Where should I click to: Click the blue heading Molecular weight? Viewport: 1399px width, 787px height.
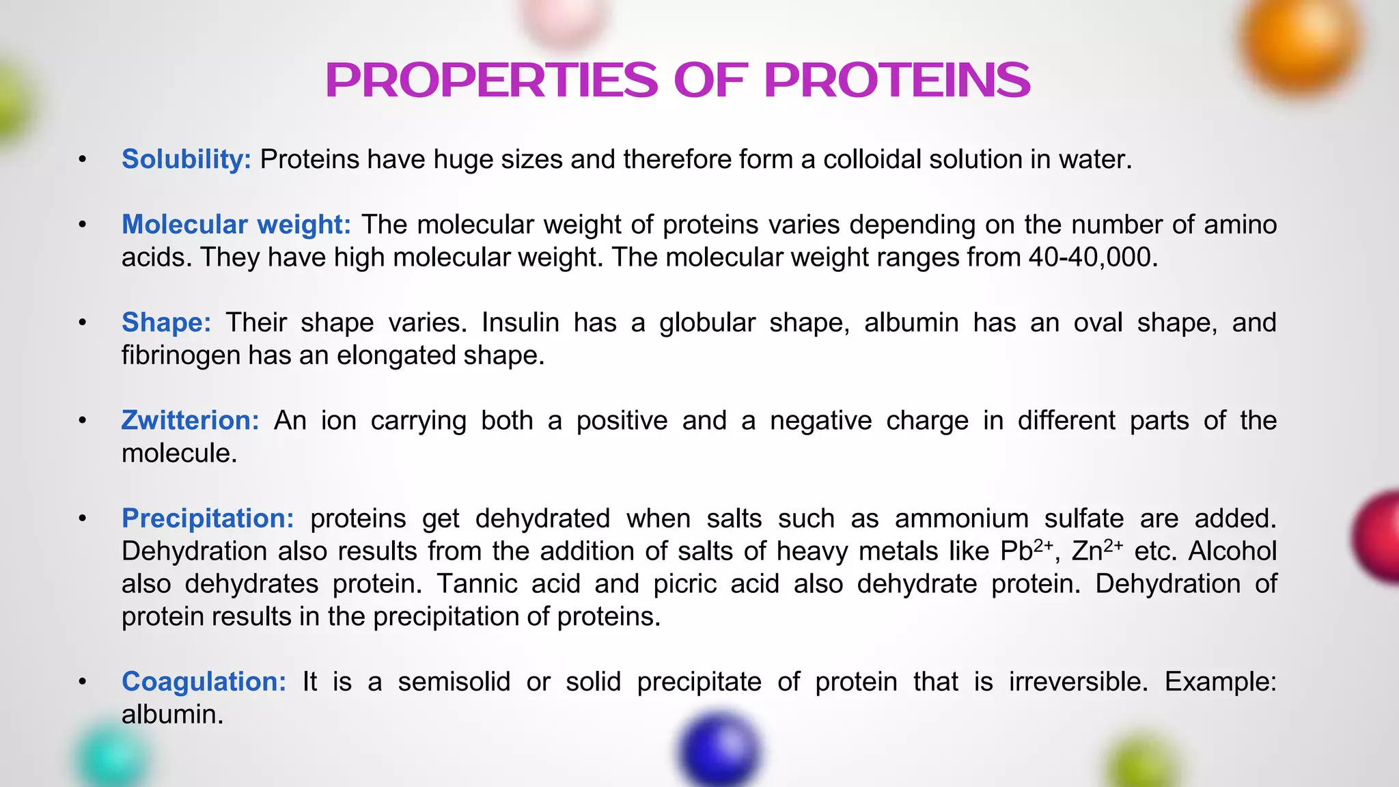pyautogui.click(x=236, y=225)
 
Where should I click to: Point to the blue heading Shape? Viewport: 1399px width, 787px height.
pyautogui.click(x=167, y=322)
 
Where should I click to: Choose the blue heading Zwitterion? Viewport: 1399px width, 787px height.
pyautogui.click(x=191, y=421)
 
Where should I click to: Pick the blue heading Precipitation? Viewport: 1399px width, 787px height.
pyautogui.click(x=208, y=519)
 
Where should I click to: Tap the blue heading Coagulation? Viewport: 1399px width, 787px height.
pyautogui.click(x=204, y=682)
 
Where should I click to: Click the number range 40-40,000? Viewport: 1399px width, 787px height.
pyautogui.click(x=1092, y=258)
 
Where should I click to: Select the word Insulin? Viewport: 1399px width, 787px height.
pyautogui.click(x=520, y=322)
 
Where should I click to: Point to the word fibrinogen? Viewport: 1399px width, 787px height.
pyautogui.click(x=180, y=356)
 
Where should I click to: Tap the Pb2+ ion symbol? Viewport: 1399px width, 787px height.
pyautogui.click(x=1026, y=551)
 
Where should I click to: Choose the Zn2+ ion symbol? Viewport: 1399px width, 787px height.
pyautogui.click(x=1096, y=551)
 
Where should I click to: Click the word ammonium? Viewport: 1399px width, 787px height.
pyautogui.click(x=961, y=519)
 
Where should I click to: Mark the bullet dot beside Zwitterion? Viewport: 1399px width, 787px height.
pyautogui.click(x=83, y=421)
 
